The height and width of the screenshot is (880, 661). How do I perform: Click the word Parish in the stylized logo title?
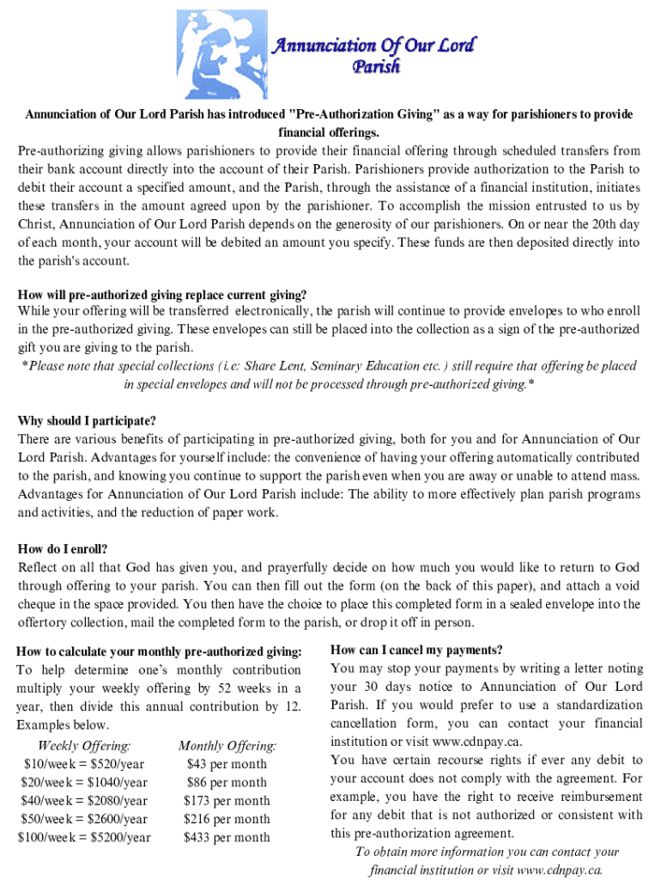pyautogui.click(x=376, y=66)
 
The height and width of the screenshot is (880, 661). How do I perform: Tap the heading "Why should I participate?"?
pyautogui.click(x=87, y=421)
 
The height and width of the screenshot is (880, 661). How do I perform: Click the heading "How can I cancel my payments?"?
pyautogui.click(x=416, y=650)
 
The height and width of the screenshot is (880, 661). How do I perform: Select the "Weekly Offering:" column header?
pyautogui.click(x=84, y=746)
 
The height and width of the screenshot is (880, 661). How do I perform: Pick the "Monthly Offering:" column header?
pyautogui.click(x=227, y=746)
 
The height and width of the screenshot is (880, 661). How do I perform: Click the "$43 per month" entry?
pyautogui.click(x=227, y=764)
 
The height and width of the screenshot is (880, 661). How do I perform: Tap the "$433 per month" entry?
pyautogui.click(x=227, y=837)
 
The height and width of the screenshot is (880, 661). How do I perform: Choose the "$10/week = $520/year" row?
pyautogui.click(x=84, y=764)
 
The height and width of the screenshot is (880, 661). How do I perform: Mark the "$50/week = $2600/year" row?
pyautogui.click(x=84, y=819)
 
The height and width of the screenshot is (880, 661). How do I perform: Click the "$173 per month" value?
pyautogui.click(x=227, y=801)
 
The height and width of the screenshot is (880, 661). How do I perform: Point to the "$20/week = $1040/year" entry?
pyautogui.click(x=84, y=782)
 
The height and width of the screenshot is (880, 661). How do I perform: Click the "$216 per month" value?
pyautogui.click(x=227, y=819)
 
